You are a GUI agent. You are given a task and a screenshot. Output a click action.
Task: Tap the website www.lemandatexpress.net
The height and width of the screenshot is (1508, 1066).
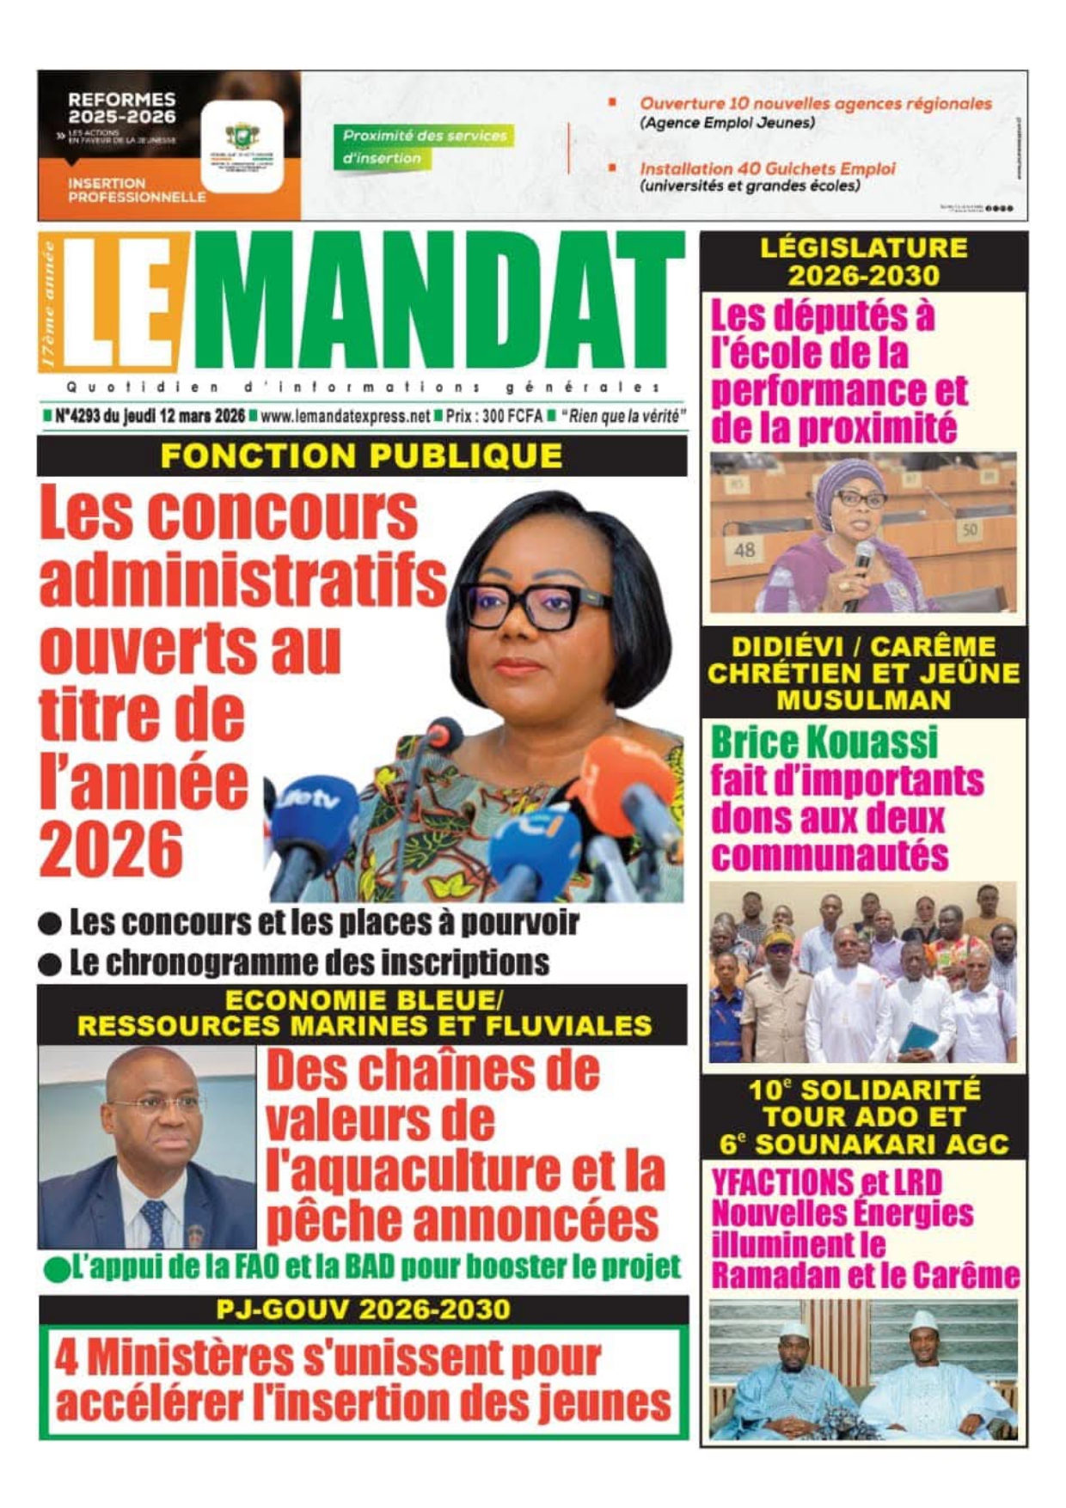point(345,417)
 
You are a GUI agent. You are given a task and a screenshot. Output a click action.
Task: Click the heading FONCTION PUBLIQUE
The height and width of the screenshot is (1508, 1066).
point(361,455)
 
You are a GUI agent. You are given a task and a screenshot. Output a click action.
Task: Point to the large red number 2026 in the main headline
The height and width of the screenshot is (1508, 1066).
point(111,849)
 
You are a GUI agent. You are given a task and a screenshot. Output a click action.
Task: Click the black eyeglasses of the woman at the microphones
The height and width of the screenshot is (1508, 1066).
point(533,606)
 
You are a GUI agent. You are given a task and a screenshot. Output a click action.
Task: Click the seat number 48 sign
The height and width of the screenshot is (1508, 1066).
point(744,550)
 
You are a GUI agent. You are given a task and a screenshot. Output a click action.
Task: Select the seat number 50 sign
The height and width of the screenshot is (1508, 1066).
point(969,529)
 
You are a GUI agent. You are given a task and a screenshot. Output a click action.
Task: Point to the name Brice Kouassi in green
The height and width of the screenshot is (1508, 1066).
point(824,742)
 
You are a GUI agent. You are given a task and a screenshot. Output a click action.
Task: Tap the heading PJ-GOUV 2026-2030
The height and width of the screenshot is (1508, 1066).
point(363,1310)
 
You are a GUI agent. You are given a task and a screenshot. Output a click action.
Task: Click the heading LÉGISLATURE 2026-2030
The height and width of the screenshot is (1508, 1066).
point(863,261)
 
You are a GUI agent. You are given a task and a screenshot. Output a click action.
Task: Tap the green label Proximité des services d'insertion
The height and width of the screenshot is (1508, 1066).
point(424,147)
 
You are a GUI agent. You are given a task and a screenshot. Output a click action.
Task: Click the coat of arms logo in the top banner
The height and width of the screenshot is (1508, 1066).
point(242,137)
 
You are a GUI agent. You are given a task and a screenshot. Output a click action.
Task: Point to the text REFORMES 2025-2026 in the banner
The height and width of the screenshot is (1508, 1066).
point(121,108)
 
